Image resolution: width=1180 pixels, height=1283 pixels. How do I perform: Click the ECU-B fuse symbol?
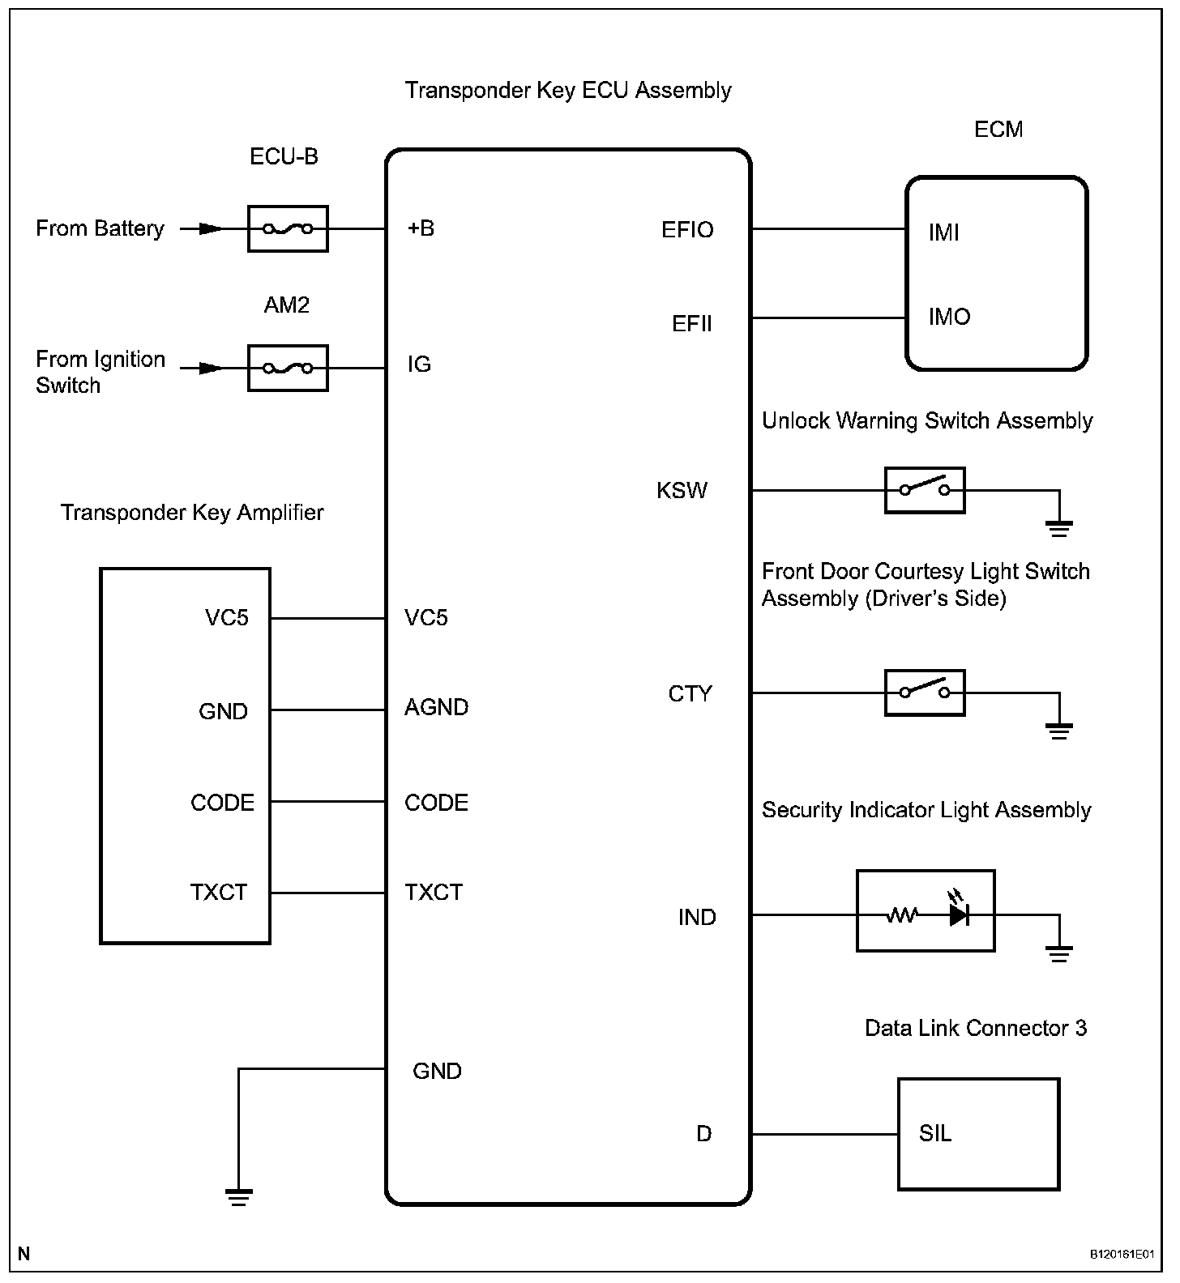(x=288, y=229)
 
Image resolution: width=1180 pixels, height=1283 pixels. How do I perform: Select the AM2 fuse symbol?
(x=288, y=369)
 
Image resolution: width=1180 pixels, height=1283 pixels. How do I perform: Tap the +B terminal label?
(x=421, y=228)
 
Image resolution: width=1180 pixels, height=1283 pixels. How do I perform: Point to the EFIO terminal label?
(x=687, y=230)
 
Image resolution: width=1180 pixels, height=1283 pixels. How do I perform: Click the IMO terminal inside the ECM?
(x=949, y=317)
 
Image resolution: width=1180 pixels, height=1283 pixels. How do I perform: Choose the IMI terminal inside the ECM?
(x=944, y=233)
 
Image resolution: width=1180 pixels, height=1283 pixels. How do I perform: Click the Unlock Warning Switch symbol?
(x=924, y=490)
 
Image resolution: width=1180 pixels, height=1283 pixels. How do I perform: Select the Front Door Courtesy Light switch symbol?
(x=924, y=693)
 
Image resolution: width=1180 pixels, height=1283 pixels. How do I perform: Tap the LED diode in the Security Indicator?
(x=960, y=914)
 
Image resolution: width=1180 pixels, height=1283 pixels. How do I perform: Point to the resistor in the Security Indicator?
(x=901, y=915)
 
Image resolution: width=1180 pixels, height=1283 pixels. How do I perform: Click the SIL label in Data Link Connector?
(x=935, y=1133)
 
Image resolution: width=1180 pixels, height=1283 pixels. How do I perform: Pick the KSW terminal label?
(x=682, y=491)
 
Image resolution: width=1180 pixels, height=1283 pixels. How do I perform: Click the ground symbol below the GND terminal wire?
(x=238, y=1197)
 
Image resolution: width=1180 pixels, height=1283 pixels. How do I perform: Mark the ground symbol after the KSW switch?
(x=1058, y=529)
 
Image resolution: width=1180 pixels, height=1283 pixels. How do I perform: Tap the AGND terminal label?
(x=436, y=708)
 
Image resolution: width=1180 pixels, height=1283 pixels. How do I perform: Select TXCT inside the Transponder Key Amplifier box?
(x=218, y=893)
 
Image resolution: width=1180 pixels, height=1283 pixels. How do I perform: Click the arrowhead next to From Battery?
(x=211, y=229)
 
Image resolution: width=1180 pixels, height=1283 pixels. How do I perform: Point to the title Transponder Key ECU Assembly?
(x=568, y=90)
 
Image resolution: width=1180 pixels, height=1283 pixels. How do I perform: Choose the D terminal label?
(x=703, y=1134)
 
